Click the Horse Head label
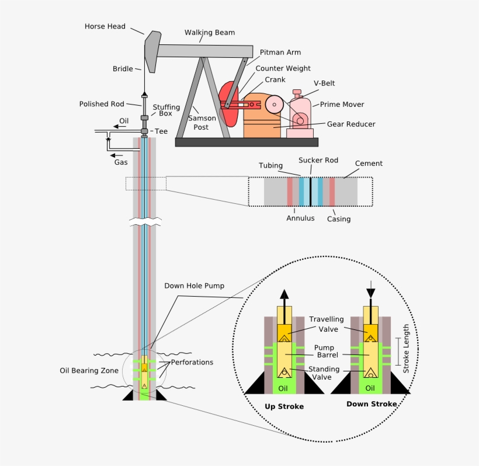[105, 26]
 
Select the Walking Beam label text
[209, 33]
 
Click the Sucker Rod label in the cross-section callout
[318, 159]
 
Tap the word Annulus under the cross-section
[300, 218]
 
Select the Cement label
[369, 164]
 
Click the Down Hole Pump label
[194, 286]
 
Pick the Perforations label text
[192, 362]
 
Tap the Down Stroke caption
[372, 404]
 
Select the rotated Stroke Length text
[407, 349]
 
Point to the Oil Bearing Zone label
[89, 370]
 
